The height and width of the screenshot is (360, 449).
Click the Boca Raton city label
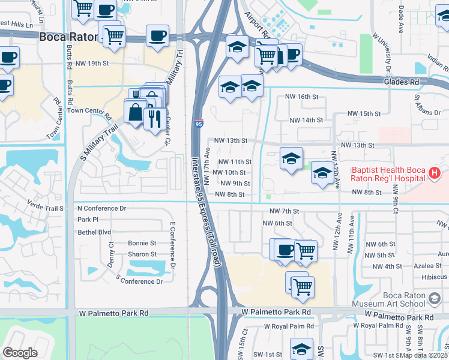point(68,37)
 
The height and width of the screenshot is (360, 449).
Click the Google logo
point(20,353)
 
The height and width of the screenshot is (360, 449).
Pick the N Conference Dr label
point(101,208)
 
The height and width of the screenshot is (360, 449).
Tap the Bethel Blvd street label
point(94,232)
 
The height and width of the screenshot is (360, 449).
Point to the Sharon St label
point(142,254)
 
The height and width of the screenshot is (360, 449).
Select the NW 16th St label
point(301,97)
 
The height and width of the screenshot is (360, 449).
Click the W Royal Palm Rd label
point(289,326)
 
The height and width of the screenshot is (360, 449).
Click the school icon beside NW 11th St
point(291,159)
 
